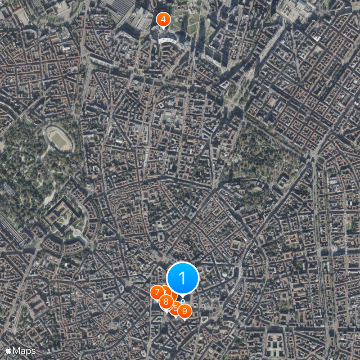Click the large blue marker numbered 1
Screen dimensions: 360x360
point(183,278)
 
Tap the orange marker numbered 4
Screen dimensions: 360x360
point(163,20)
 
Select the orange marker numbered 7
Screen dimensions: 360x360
point(157,292)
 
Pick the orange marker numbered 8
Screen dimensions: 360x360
point(166,302)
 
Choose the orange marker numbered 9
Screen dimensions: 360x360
point(184,310)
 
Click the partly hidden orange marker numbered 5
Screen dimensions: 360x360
point(175,308)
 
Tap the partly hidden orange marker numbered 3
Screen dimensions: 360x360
point(167,291)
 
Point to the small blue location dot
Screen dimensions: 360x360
point(183,301)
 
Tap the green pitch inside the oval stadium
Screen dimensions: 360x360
point(59,139)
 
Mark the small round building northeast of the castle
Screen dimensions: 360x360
point(89,186)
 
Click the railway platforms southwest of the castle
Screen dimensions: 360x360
point(11,229)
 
